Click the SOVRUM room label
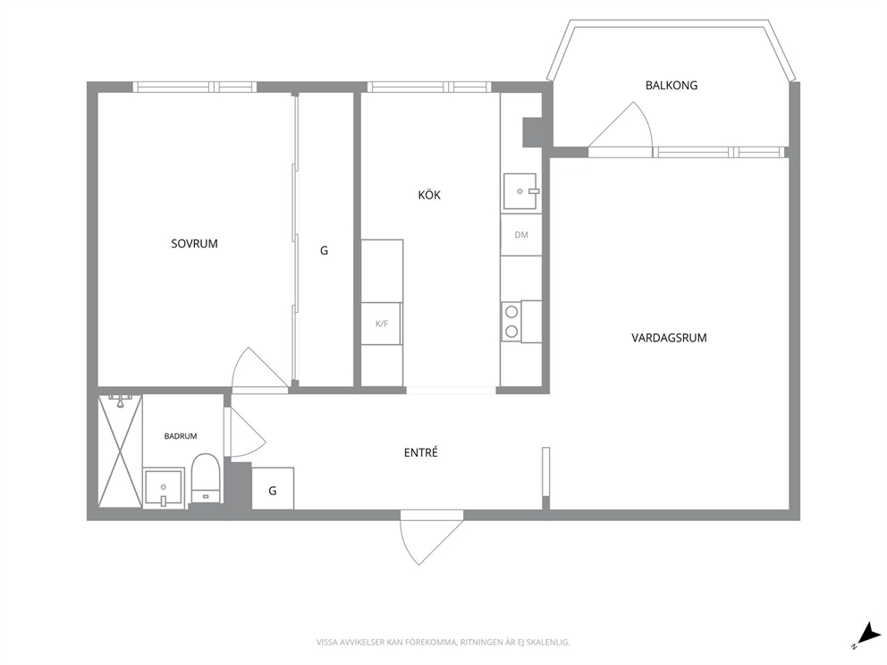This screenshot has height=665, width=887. click(x=194, y=244)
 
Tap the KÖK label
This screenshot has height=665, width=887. click(x=429, y=195)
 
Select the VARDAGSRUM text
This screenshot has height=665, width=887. click(x=669, y=338)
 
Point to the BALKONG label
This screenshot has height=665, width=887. click(x=672, y=86)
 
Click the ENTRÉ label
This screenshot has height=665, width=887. click(x=421, y=452)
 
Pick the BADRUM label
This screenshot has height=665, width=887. click(x=181, y=436)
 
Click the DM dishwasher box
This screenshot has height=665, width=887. click(x=521, y=235)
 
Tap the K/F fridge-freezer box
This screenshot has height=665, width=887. click(x=382, y=324)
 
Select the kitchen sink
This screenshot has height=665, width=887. click(x=520, y=191)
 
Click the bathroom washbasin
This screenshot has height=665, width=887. click(x=164, y=487)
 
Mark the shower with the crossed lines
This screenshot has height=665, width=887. click(x=120, y=450)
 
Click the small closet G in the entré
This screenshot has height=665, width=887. click(x=273, y=489)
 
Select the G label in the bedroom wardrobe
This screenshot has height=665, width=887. click(x=325, y=250)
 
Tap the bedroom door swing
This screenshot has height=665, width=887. click(x=258, y=368)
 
